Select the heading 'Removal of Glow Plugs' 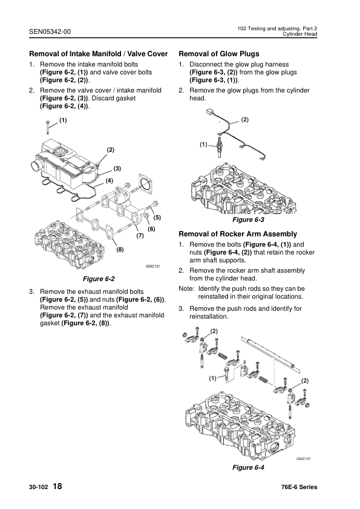point(219,54)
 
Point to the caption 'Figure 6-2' point(102,279)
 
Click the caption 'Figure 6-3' point(249,220)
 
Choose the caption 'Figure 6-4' point(249,468)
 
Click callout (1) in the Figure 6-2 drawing point(63,120)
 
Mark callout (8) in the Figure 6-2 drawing point(120,249)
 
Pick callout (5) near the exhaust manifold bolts point(157,216)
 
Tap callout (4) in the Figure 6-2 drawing point(109,180)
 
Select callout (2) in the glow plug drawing point(245,120)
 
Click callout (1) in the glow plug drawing point(203,144)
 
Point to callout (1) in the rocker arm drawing point(212,378)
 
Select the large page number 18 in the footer point(57,487)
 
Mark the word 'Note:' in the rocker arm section point(186,289)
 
